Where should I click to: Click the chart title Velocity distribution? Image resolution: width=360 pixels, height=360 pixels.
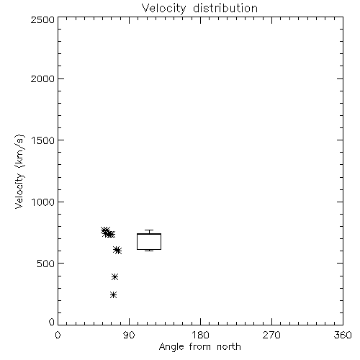coord(199,9)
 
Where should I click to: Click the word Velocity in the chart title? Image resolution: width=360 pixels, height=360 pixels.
coord(163,9)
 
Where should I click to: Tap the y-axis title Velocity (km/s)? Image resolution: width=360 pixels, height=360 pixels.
coord(20,172)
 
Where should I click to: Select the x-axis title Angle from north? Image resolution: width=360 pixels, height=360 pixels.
coord(199,347)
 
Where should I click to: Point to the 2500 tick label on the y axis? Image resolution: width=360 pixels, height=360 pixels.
coord(42,19)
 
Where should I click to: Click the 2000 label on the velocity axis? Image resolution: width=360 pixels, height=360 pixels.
coord(42,78)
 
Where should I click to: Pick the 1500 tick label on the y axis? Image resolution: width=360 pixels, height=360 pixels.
coord(43,140)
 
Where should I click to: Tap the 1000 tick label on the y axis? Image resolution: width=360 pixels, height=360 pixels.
coord(43,202)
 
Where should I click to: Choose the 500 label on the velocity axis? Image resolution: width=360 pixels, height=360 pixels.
coord(46,264)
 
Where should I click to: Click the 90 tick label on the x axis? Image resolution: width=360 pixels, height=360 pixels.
coord(129,335)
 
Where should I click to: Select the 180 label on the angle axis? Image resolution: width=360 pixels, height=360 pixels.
coord(200,335)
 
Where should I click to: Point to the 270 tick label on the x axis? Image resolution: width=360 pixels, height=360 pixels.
coord(271,335)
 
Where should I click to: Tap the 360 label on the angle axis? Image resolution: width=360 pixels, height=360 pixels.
coord(343,335)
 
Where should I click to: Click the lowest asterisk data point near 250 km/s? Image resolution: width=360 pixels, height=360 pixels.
coord(114,295)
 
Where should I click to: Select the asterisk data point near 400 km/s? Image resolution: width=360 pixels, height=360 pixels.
coord(115,277)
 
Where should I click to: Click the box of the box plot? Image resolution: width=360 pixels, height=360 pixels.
coord(137,242)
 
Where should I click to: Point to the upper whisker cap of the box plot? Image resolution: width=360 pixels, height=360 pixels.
coord(149,230)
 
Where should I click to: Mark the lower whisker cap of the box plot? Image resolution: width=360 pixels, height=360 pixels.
coord(149,251)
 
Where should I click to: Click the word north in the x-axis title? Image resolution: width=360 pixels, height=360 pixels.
coord(229,347)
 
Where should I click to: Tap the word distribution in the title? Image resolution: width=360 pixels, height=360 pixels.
coord(225,9)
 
